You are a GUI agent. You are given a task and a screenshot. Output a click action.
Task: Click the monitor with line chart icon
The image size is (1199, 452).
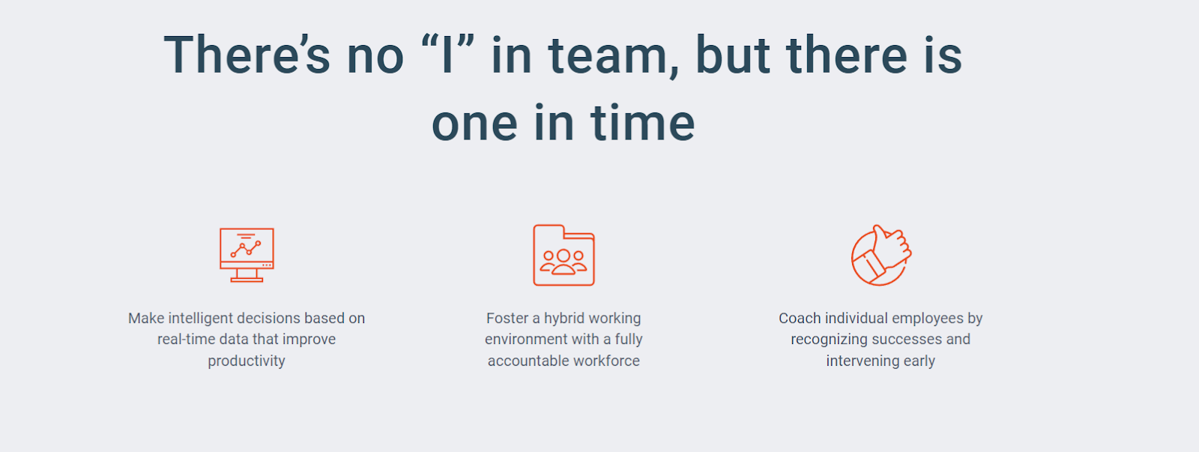[247, 255]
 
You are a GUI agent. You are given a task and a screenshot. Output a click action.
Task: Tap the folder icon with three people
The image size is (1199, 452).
[564, 255]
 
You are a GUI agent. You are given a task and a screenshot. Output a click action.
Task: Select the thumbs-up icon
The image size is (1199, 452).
[881, 255]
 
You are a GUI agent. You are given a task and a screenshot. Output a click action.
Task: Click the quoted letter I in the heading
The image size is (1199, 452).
[447, 55]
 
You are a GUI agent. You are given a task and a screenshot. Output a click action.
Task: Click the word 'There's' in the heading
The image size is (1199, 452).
[247, 55]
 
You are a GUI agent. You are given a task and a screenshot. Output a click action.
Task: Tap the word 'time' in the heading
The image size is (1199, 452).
[643, 123]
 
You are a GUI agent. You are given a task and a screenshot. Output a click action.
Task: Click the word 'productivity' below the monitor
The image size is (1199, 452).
[247, 361]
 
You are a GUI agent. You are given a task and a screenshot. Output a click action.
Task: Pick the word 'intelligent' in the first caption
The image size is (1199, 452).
[201, 319]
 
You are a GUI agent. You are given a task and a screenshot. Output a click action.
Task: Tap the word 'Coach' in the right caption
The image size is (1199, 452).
[800, 318]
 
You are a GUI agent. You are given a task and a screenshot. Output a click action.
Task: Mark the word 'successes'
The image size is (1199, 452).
[903, 340]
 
